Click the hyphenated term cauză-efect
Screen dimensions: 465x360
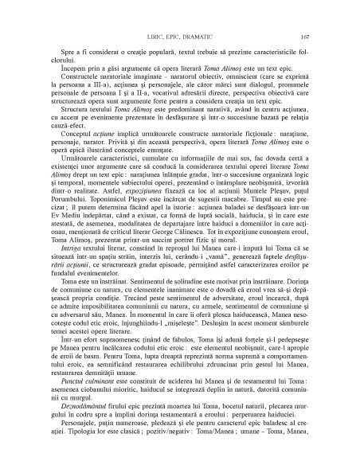69,135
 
